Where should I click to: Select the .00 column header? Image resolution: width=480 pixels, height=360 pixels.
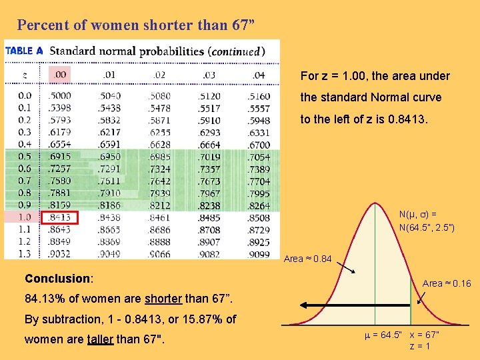point(60,75)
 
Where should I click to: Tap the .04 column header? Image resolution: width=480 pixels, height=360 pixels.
point(259,75)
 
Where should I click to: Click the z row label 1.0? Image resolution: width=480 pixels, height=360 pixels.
point(25,217)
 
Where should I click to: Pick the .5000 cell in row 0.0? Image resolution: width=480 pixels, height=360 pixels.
point(61,96)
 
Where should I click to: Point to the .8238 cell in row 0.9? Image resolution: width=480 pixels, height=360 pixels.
point(209,206)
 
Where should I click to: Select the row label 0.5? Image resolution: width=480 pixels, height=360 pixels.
point(25,157)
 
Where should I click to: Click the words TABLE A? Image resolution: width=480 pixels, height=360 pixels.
point(24,51)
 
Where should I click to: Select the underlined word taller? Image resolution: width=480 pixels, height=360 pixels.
point(99,339)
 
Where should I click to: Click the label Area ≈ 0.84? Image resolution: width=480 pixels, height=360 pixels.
point(307,259)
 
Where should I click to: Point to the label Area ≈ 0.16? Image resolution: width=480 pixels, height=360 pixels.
point(447,283)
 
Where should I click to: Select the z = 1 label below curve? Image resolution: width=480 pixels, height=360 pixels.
point(419,346)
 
